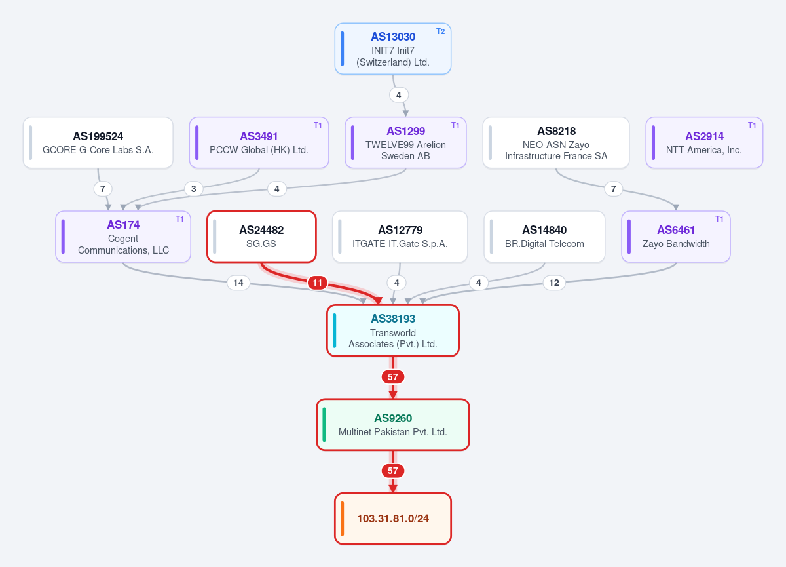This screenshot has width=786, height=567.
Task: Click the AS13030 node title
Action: click(x=393, y=37)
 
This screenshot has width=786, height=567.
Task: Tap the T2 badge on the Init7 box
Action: click(x=440, y=31)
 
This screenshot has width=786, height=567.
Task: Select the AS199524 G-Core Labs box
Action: click(x=98, y=142)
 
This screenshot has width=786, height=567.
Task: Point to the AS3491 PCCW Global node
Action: click(x=259, y=142)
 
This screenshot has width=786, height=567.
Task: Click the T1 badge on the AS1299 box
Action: click(x=455, y=125)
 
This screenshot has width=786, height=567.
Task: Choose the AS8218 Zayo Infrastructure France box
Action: click(x=556, y=142)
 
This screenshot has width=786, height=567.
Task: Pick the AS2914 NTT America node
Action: click(x=704, y=142)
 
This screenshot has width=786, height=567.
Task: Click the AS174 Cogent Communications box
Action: click(x=123, y=237)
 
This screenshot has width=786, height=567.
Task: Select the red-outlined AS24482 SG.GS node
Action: click(x=261, y=237)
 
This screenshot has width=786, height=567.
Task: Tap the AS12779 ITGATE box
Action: click(x=400, y=237)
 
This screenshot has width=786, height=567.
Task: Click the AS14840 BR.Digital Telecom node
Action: click(x=544, y=237)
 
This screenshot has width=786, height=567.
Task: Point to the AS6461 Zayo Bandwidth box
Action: click(x=676, y=237)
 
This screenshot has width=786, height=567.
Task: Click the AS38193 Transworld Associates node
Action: click(x=393, y=331)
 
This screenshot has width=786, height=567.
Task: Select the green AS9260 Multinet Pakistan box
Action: click(x=393, y=425)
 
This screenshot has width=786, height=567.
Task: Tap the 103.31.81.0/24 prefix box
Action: click(x=393, y=518)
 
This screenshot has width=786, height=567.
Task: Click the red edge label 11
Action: click(x=318, y=283)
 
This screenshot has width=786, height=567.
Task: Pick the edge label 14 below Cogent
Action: click(x=238, y=283)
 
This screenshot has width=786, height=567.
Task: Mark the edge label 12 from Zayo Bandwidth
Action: click(x=554, y=283)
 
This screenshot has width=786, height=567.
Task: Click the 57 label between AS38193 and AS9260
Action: click(x=393, y=377)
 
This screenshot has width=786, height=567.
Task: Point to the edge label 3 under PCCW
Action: click(x=194, y=189)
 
